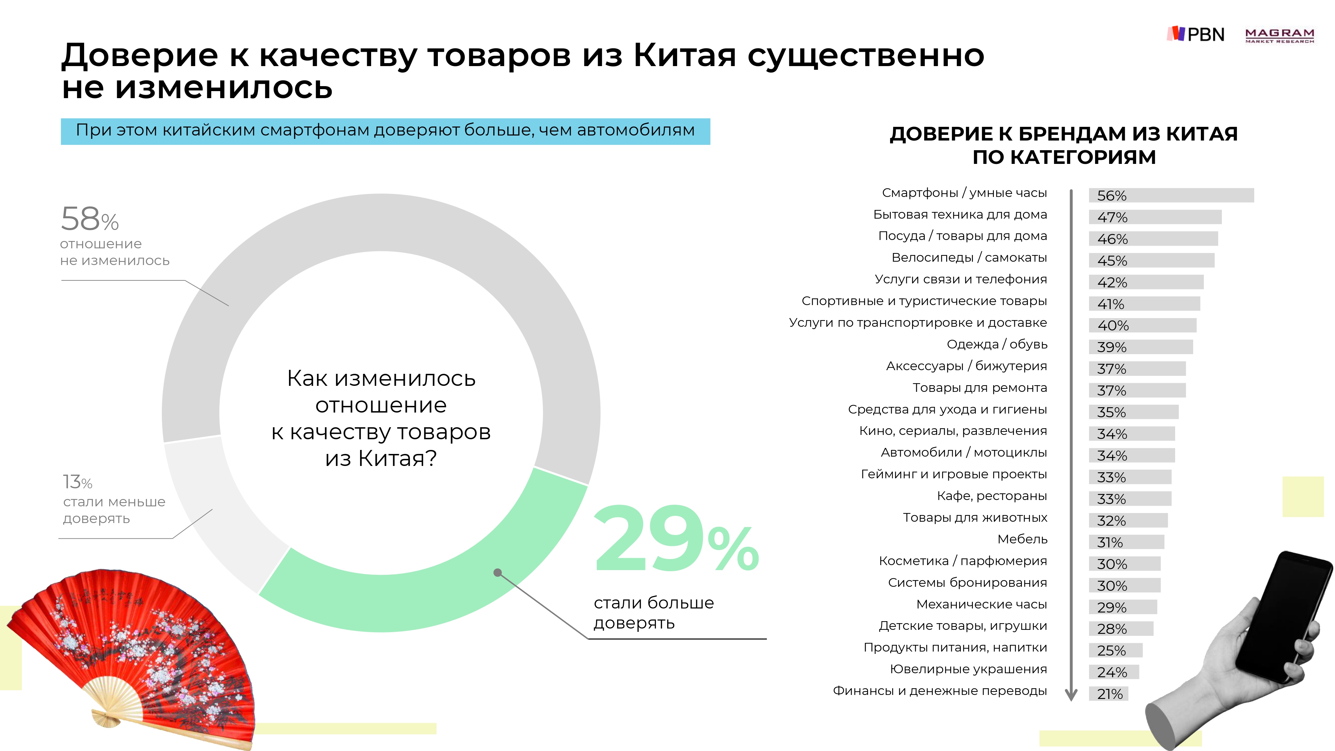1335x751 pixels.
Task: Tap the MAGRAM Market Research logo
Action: (x=1280, y=35)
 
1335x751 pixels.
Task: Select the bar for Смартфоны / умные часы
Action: (x=1171, y=195)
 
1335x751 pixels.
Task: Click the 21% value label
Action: (x=1110, y=694)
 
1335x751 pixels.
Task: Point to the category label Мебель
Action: (x=1022, y=539)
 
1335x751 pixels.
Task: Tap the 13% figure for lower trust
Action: (x=78, y=482)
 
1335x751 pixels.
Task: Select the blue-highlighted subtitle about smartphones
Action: (x=385, y=131)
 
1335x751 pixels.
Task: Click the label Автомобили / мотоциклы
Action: (x=964, y=453)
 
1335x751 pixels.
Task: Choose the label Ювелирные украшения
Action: (x=968, y=669)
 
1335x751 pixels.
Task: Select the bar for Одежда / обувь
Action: (x=1140, y=347)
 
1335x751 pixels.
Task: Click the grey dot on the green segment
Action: (x=498, y=573)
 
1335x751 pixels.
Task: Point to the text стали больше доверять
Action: (x=653, y=612)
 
